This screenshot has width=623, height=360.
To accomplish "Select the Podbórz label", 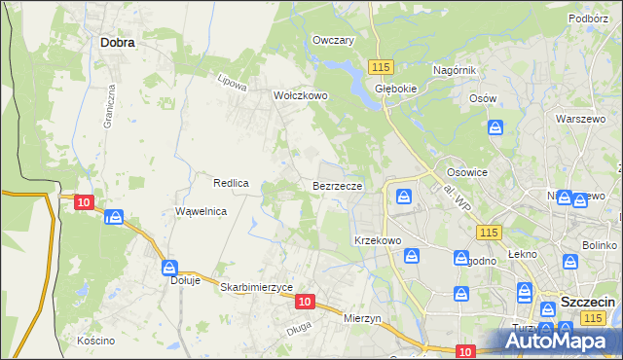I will tap(589, 18).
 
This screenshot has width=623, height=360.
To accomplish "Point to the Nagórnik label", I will tap(454, 70).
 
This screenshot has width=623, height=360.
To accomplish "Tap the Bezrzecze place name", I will tap(338, 184).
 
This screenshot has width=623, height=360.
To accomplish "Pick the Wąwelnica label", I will tap(201, 211).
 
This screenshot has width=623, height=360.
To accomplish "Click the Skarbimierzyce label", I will tap(256, 287).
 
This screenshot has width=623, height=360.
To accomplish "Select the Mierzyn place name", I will tap(366, 317).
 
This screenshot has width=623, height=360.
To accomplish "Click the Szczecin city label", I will tap(588, 303).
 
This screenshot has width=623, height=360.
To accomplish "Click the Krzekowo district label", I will tap(378, 239).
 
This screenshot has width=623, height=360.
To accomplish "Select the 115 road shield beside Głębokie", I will tap(381, 66).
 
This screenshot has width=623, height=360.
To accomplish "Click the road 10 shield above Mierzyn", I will tap(305, 303).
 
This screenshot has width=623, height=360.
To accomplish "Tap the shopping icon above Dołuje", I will tap(170, 267).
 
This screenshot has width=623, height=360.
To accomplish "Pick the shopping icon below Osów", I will tap(495, 127).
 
